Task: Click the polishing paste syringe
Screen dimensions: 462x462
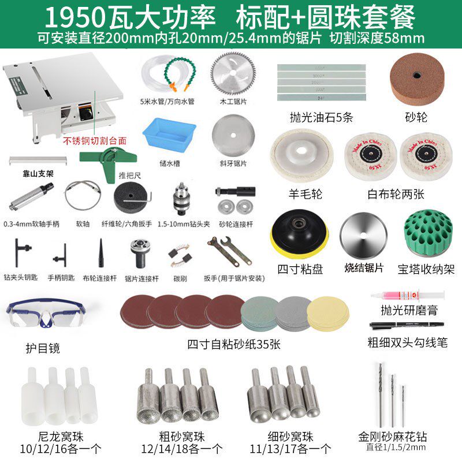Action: click(x=408, y=295)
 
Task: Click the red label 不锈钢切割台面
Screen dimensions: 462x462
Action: click(x=95, y=140)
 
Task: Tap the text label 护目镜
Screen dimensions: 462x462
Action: click(x=42, y=348)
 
